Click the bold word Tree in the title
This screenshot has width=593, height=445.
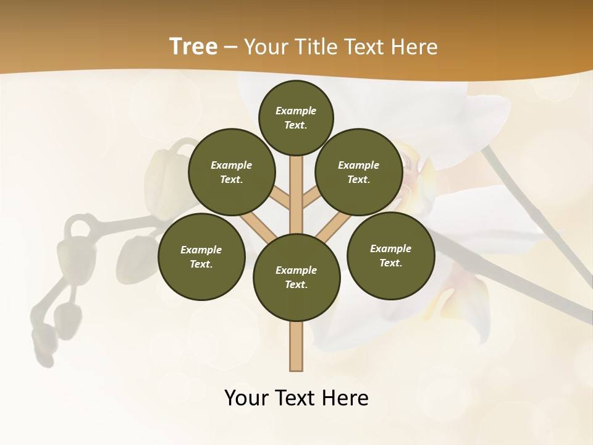(x=193, y=47)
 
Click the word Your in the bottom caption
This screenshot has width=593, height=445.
(x=247, y=399)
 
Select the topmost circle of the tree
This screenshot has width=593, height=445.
(x=296, y=117)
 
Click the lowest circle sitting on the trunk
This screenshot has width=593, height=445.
(x=296, y=278)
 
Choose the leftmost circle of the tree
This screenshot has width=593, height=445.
(x=201, y=257)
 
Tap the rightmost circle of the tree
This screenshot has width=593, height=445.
(x=390, y=256)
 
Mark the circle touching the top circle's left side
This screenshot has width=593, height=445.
(x=232, y=172)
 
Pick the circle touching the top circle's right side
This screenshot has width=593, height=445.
(x=359, y=172)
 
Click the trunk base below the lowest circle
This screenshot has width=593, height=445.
(x=296, y=346)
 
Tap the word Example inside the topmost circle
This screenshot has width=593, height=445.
(x=296, y=111)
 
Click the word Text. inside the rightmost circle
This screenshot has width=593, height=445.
(x=390, y=263)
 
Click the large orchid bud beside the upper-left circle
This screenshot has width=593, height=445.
(x=162, y=176)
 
